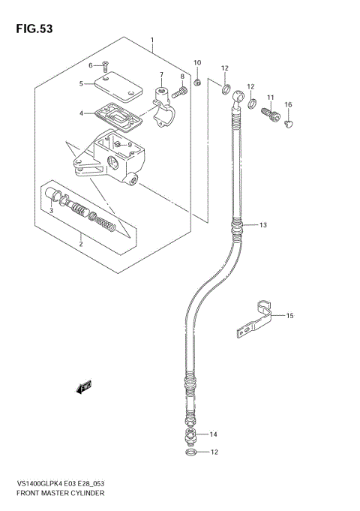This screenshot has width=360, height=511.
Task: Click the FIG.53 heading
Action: click(31, 29)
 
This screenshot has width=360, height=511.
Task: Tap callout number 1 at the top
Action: click(152, 40)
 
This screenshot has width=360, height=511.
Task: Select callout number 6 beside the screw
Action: click(90, 66)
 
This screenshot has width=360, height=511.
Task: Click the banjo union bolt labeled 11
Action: click(268, 115)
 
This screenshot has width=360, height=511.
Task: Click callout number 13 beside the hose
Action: click(263, 224)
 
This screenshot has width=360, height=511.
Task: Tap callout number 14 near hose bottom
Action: click(213, 434)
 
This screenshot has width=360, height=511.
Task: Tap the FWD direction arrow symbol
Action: click(82, 387)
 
